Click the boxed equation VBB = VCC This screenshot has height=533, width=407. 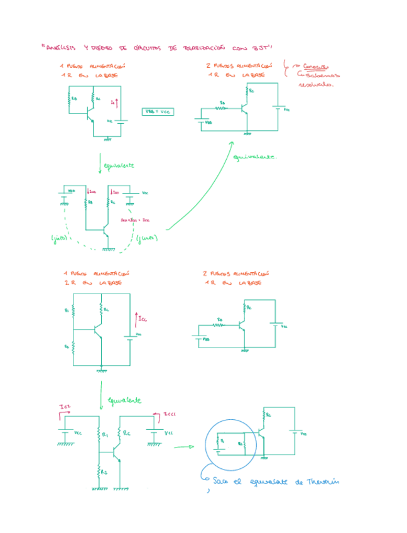coord(158,111)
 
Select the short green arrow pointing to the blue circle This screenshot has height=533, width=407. coord(183,448)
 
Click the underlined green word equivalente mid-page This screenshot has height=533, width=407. coord(124,400)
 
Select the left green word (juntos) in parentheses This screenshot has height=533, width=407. coord(59,238)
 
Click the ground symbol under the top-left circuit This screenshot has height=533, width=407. coord(107,138)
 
